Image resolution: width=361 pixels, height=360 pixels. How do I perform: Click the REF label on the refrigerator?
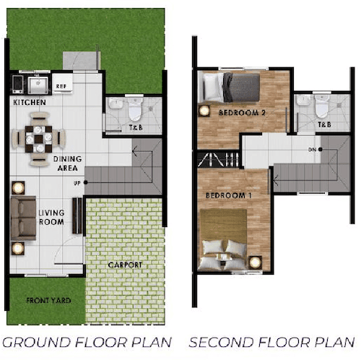pyautogui.click(x=61, y=86)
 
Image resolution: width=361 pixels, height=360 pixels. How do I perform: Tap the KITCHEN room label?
pyautogui.click(x=30, y=103)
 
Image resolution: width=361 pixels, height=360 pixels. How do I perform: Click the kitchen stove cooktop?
pyautogui.click(x=17, y=84)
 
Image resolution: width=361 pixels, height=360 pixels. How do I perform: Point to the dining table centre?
pyautogui.click(x=38, y=139)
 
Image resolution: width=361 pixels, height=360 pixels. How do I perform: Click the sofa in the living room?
pyautogui.click(x=23, y=218)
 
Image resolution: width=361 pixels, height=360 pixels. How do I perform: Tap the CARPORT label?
pyautogui.click(x=125, y=265)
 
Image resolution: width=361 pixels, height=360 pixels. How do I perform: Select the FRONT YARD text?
pyautogui.click(x=48, y=301)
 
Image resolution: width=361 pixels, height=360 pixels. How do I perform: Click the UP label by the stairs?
pyautogui.click(x=77, y=184)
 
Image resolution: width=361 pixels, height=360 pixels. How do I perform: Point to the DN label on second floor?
pyautogui.click(x=312, y=150)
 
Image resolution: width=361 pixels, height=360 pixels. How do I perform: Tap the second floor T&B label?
pyautogui.click(x=324, y=124)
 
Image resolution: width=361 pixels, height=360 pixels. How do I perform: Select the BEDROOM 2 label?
pyautogui.click(x=242, y=113)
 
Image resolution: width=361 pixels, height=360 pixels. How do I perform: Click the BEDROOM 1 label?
pyautogui.click(x=229, y=195)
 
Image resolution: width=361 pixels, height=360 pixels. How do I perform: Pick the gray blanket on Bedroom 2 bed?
pyautogui.click(x=241, y=87)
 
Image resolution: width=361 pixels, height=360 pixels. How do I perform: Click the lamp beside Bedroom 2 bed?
pyautogui.click(x=204, y=111)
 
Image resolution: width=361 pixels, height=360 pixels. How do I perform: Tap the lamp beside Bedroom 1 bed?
pyautogui.click(x=255, y=262)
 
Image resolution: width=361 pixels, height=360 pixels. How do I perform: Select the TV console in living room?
pyautogui.click(x=77, y=215)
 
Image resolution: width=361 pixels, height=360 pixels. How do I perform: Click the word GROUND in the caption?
pyautogui.click(x=36, y=342)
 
